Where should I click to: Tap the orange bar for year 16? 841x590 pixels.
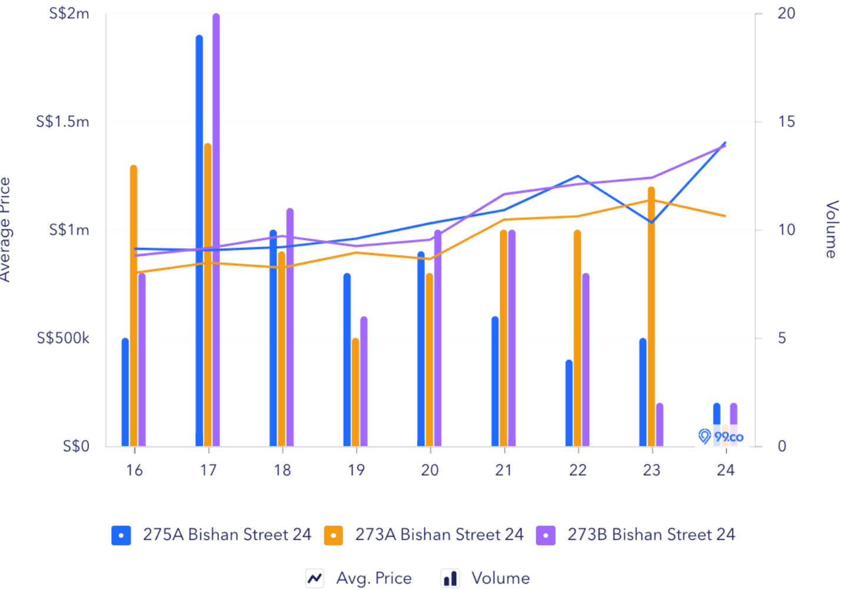[x=134, y=306]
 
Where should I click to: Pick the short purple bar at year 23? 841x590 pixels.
[x=660, y=425]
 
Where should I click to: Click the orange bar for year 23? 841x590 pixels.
[x=651, y=318]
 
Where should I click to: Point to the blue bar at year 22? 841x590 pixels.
[x=569, y=403]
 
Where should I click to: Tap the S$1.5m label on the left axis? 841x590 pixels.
[x=62, y=122]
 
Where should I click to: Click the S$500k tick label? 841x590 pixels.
[x=63, y=338]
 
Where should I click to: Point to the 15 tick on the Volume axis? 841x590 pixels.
[x=786, y=122]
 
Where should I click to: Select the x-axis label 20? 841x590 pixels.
[x=430, y=470]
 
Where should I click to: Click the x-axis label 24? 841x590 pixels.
[x=726, y=470]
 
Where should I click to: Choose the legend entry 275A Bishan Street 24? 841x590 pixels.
[x=227, y=535]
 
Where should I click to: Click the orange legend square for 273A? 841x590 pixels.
[x=333, y=535]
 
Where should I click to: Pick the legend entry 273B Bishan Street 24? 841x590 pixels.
[x=651, y=535]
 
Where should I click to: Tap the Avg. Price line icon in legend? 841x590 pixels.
[x=315, y=578]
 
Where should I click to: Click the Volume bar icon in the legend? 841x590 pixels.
[x=450, y=578]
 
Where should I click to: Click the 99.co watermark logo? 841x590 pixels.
[x=721, y=436]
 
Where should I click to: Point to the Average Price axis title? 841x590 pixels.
[x=6, y=229]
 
